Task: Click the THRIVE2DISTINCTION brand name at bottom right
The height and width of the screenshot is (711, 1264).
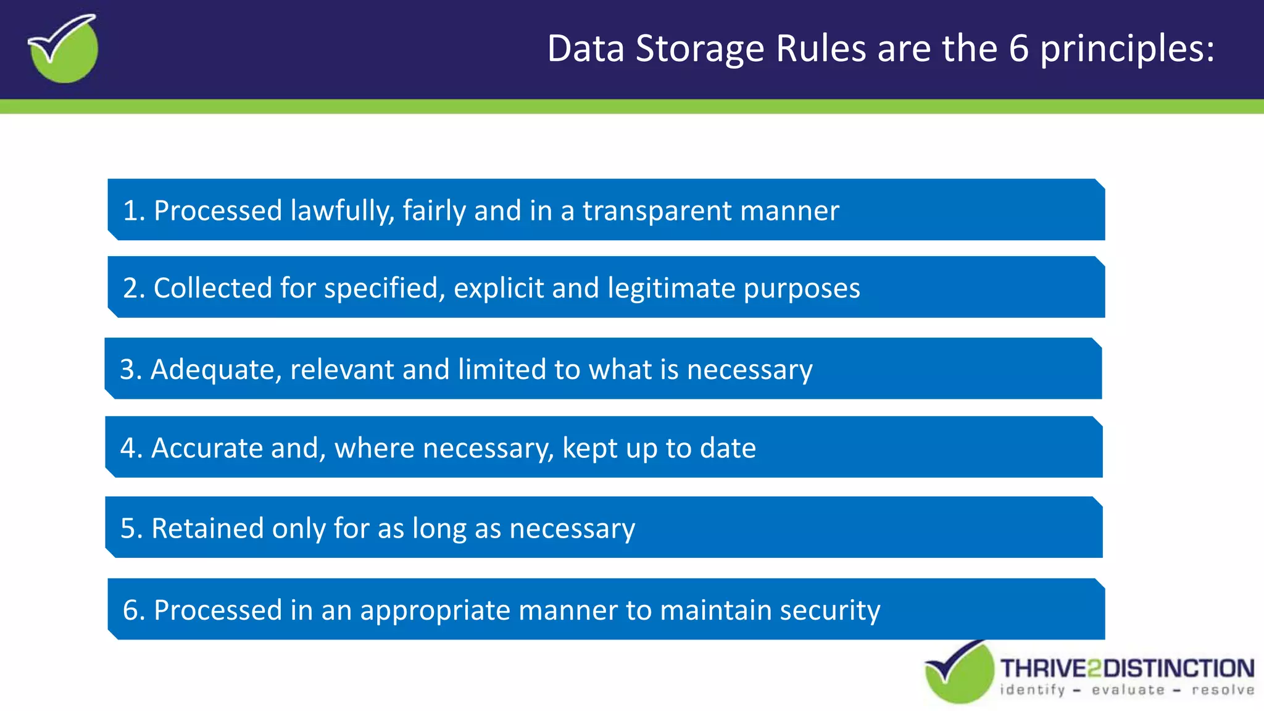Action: [x=1127, y=668]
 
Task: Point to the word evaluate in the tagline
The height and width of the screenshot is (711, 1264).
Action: [x=1128, y=690]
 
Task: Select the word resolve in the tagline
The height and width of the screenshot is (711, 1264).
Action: [x=1223, y=690]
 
